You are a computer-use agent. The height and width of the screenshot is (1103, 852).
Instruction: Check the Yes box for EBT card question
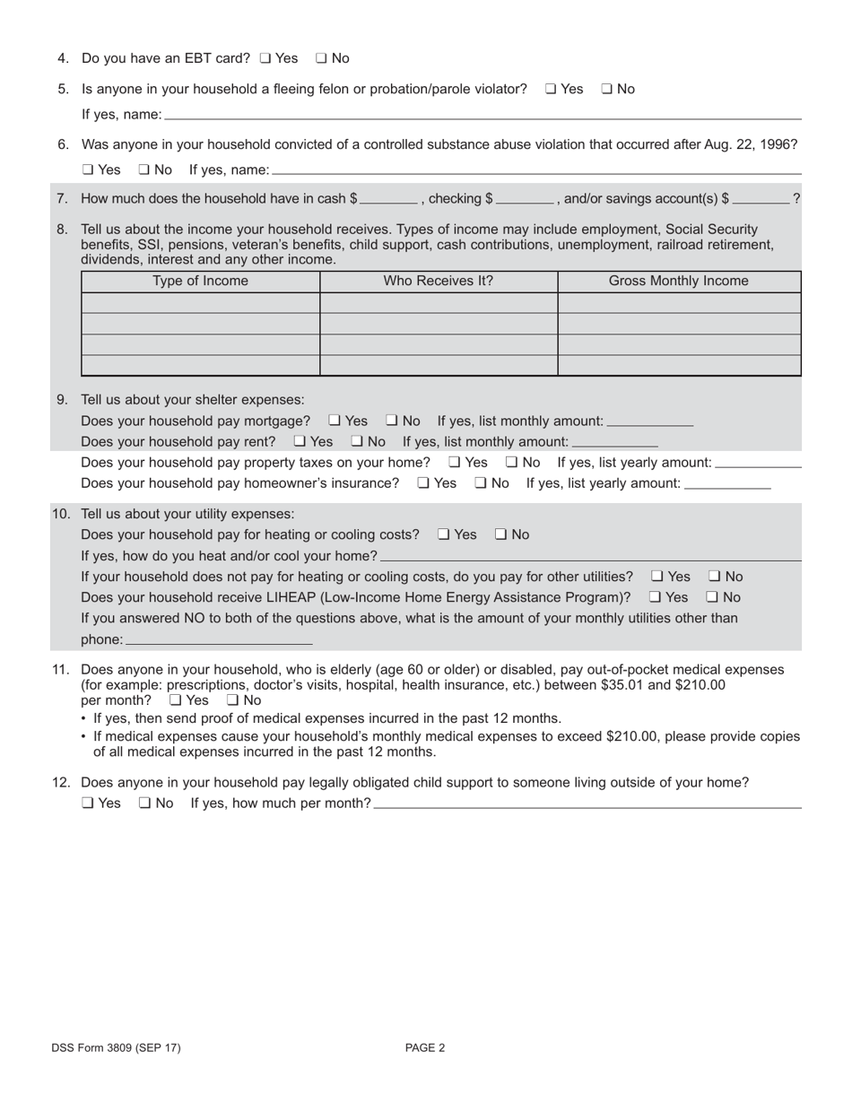coord(265,58)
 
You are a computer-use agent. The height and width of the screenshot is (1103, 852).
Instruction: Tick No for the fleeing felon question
coord(606,89)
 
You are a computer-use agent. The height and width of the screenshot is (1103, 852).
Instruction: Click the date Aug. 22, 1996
coord(752,144)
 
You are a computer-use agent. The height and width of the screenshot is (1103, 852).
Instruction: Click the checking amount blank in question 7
coord(525,199)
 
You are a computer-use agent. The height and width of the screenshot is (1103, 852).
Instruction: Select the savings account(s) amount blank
coord(761,199)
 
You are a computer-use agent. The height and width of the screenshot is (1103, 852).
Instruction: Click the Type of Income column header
coord(200,281)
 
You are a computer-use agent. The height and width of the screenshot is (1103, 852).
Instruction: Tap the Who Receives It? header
coord(439,281)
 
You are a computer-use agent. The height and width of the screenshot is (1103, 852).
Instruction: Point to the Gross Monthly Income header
coord(678,281)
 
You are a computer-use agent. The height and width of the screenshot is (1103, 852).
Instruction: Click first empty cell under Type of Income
coord(200,302)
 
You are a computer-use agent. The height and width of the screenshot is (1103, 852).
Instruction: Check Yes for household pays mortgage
coord(334,421)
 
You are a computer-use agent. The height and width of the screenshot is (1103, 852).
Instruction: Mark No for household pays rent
coord(356,441)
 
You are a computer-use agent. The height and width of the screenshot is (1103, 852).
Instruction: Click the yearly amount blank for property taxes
coord(758,464)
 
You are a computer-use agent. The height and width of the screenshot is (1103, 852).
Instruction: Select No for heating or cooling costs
coord(500,534)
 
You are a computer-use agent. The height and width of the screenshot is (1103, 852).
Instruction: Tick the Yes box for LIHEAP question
coord(655,597)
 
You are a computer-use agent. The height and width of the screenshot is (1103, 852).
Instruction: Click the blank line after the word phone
coord(219,640)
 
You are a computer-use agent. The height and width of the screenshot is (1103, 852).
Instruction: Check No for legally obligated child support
coord(144,803)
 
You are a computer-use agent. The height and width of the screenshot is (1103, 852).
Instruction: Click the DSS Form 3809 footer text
coord(116,1047)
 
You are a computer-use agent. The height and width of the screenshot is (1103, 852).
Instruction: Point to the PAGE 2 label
coord(425,1047)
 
